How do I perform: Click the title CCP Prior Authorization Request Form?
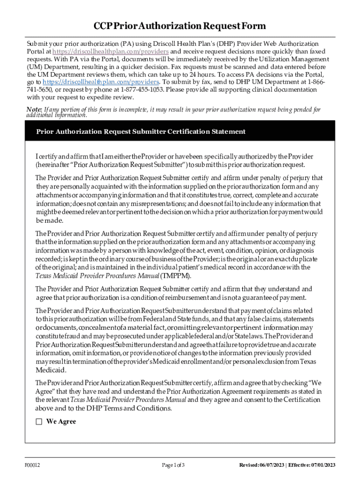click(x=180, y=26)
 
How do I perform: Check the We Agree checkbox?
click(x=39, y=421)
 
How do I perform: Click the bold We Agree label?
click(x=61, y=421)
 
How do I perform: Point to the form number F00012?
click(x=33, y=465)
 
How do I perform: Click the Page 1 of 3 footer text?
click(x=173, y=465)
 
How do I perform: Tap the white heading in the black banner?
click(x=141, y=131)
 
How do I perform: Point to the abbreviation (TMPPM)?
click(x=176, y=276)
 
